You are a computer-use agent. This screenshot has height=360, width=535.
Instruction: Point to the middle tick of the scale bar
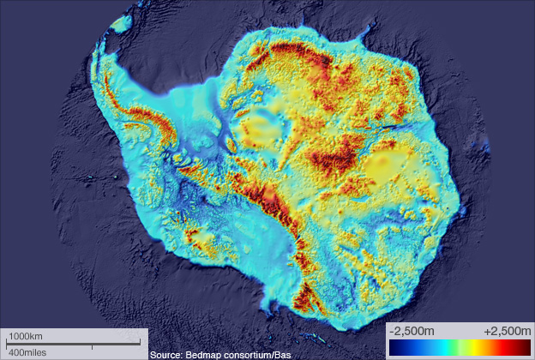click(92, 345)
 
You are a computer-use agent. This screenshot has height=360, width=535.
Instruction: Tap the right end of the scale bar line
click(140, 345)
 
